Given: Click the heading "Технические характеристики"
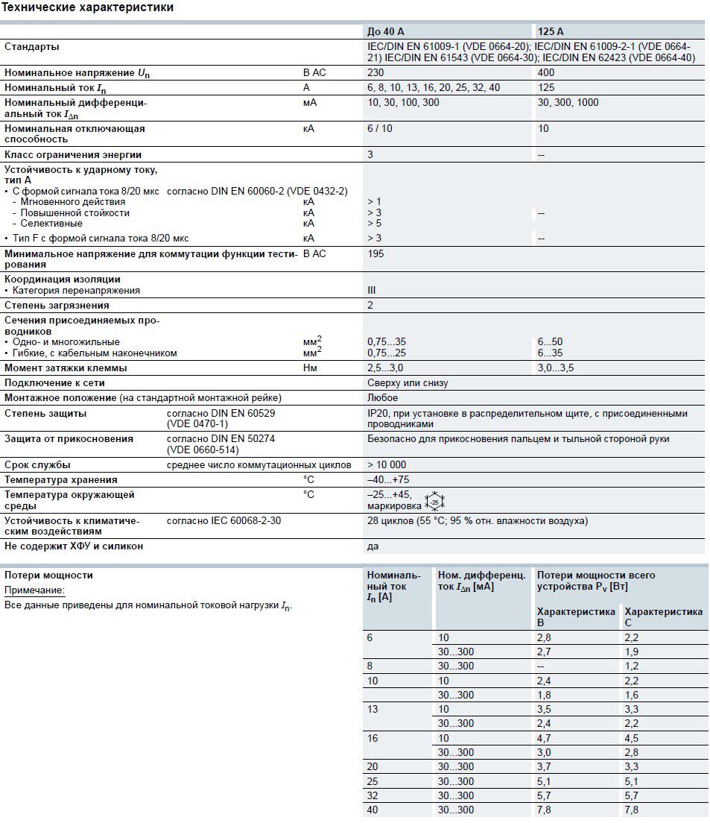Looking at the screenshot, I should [88, 8].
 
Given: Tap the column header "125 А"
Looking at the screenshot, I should [551, 31].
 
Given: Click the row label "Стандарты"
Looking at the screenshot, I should [32, 47].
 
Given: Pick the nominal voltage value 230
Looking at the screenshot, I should [376, 73].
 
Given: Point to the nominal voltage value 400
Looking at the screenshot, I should [546, 73].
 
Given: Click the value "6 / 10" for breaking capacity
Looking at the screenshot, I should [380, 128].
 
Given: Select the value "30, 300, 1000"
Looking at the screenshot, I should [568, 103].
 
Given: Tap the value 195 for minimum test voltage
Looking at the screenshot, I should [376, 253].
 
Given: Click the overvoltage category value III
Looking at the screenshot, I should [372, 290].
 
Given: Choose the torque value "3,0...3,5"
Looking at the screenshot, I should [556, 368].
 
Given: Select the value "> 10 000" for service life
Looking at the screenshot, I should [387, 464].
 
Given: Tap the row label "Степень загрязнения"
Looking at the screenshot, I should [57, 305].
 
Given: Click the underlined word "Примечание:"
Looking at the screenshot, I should [35, 590].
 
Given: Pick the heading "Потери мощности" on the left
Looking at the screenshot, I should [48, 576].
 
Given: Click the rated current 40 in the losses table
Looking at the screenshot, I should [373, 810].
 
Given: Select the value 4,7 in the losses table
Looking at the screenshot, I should [545, 738].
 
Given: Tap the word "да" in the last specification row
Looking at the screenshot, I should [373, 546].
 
